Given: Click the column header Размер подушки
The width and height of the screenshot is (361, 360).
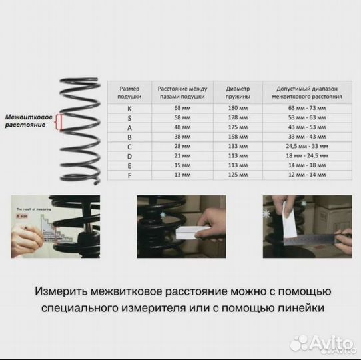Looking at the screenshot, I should (130, 92).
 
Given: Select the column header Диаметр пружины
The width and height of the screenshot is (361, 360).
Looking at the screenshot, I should (237, 92).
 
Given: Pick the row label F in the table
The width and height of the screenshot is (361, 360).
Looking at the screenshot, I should (130, 174).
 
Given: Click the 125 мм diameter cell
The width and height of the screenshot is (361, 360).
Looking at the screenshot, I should (237, 174).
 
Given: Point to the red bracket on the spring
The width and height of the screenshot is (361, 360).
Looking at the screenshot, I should (59, 121).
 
